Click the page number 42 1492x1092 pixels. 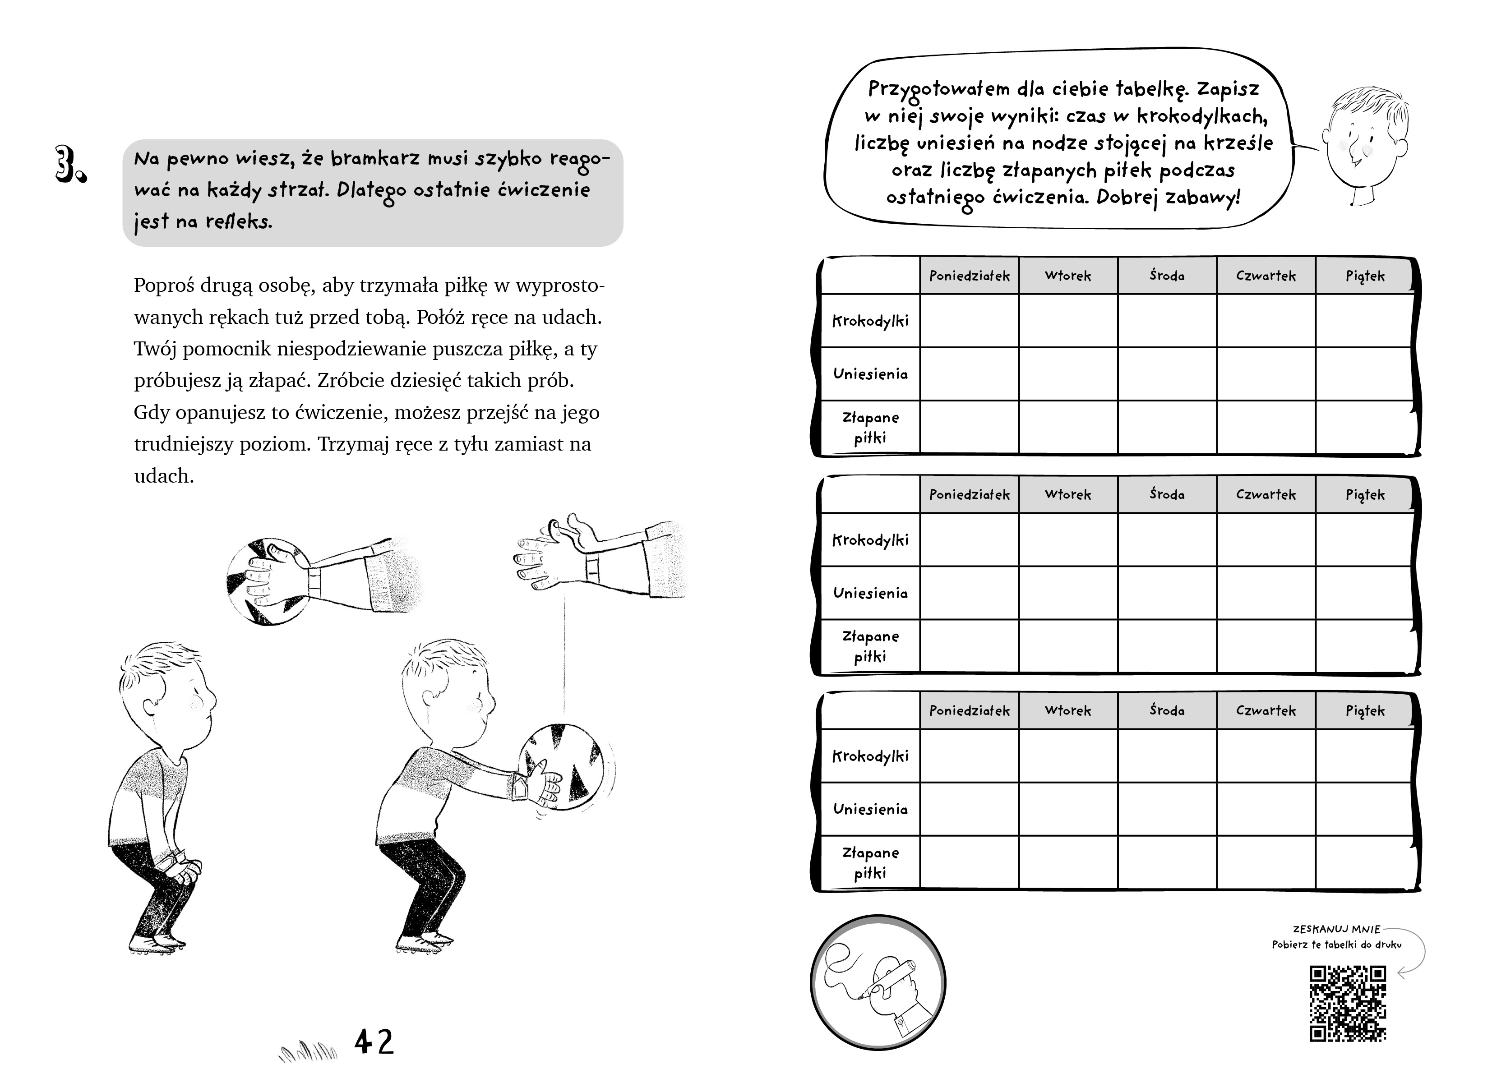(x=374, y=1042)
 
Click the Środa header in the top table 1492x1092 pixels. (x=1167, y=276)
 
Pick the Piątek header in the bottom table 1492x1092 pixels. (x=1364, y=710)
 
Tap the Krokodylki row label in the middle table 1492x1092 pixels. (x=870, y=540)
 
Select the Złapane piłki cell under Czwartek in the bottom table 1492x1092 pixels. (x=1266, y=862)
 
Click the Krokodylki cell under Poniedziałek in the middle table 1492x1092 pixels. (x=969, y=539)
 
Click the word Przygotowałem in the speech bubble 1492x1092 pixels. (x=939, y=89)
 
